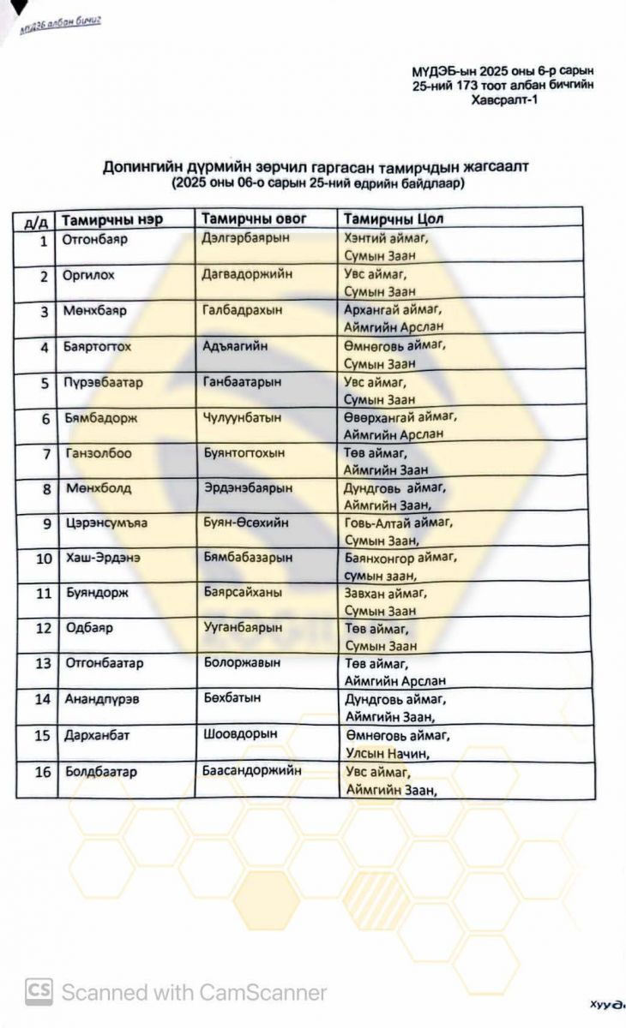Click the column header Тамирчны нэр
(112, 219)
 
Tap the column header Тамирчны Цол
(394, 218)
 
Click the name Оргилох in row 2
(88, 275)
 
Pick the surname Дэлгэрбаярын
(247, 238)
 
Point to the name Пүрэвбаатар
(102, 382)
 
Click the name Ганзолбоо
(99, 452)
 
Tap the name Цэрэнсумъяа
(106, 523)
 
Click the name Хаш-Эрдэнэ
(103, 558)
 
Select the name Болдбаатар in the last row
(101, 771)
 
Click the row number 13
(43, 663)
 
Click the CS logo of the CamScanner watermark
(39, 992)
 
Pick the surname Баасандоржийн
(252, 769)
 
